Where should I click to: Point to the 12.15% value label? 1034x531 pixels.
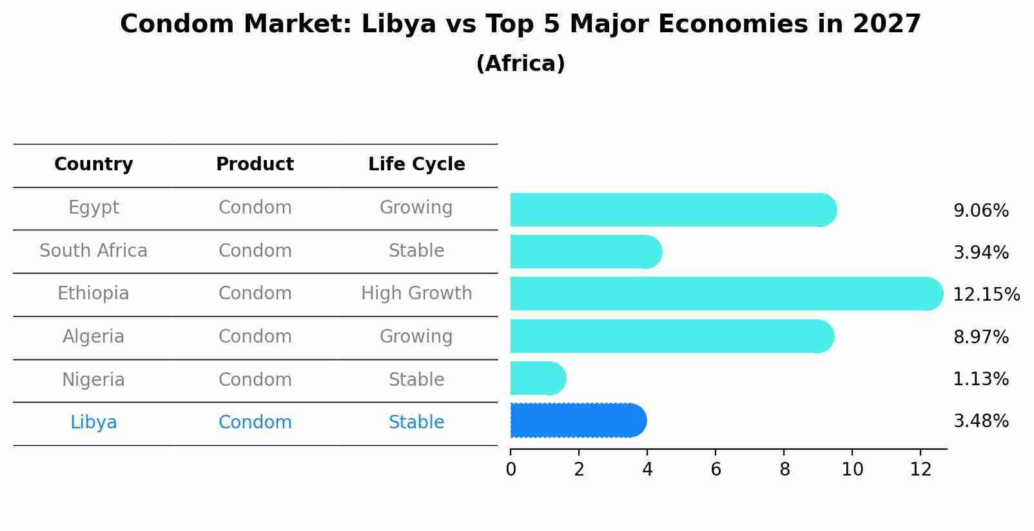(x=986, y=295)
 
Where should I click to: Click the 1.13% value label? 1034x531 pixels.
(x=980, y=379)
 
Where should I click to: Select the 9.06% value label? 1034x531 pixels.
(x=980, y=211)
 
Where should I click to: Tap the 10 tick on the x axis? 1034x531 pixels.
(x=852, y=470)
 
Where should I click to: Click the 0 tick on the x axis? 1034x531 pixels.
(x=511, y=470)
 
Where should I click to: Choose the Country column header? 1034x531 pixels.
(x=93, y=165)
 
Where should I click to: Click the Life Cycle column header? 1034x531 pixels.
(x=416, y=165)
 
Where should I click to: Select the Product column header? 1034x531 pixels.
(x=255, y=165)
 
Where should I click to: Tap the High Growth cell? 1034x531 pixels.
(x=416, y=294)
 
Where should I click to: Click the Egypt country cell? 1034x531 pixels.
(x=93, y=208)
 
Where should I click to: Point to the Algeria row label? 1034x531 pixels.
(x=93, y=337)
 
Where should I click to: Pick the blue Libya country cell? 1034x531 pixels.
(x=93, y=423)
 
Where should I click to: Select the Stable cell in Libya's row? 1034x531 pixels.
(x=416, y=423)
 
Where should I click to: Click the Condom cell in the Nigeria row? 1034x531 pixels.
(x=255, y=380)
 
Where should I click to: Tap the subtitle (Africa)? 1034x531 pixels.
(x=520, y=64)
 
